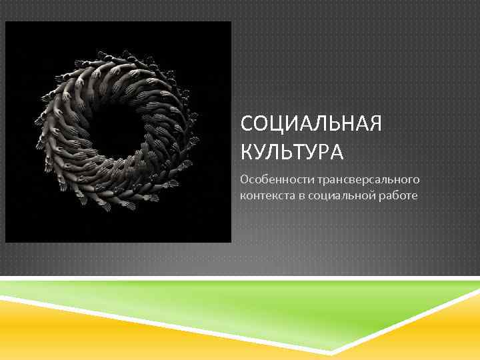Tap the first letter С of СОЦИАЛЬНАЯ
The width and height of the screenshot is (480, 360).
(247, 125)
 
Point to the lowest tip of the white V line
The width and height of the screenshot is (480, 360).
(331, 353)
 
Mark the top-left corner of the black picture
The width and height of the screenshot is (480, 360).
(6, 22)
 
